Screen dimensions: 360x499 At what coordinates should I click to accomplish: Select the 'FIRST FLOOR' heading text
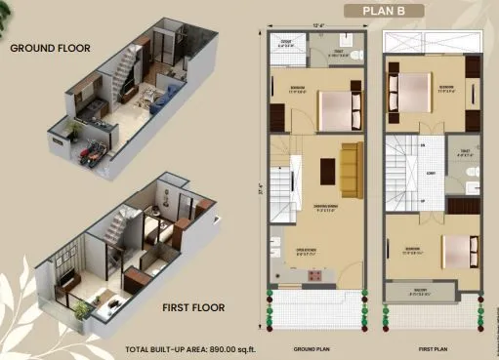click(193, 307)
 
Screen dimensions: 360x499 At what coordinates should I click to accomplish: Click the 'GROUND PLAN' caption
click(313, 347)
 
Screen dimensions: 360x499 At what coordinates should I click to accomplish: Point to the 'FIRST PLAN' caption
click(433, 347)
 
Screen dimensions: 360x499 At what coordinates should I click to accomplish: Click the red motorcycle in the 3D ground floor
click(93, 153)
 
